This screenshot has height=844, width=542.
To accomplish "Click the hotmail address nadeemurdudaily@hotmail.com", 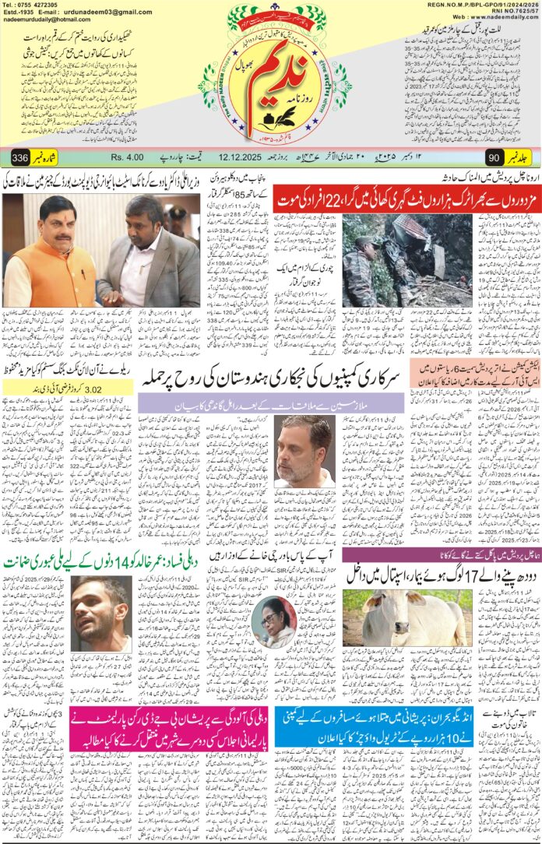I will (x=45, y=21).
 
